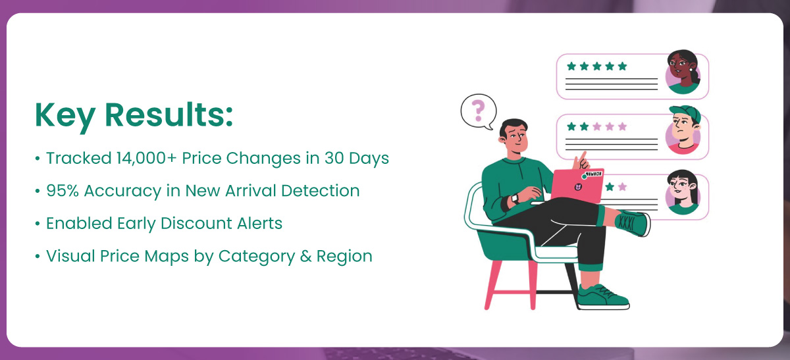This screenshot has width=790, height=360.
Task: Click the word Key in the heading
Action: click(65, 116)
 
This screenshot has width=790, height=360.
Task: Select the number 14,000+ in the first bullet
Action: click(146, 158)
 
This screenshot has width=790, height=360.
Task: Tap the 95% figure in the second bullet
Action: click(62, 191)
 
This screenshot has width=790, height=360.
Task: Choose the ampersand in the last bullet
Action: click(305, 256)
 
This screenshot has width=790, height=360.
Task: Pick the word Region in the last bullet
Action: click(344, 257)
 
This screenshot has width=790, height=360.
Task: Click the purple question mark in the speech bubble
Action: click(478, 111)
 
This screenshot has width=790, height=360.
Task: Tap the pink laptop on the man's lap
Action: click(577, 186)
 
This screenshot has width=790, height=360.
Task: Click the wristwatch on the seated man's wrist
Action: click(515, 199)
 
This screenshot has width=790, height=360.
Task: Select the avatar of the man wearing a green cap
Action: click(683, 130)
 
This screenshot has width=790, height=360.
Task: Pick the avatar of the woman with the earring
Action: click(683, 72)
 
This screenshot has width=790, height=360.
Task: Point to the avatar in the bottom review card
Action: click(683, 193)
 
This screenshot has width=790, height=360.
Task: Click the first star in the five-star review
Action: click(571, 66)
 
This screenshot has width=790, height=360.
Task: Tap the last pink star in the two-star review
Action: click(623, 126)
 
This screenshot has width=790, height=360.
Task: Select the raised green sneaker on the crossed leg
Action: click(632, 223)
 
